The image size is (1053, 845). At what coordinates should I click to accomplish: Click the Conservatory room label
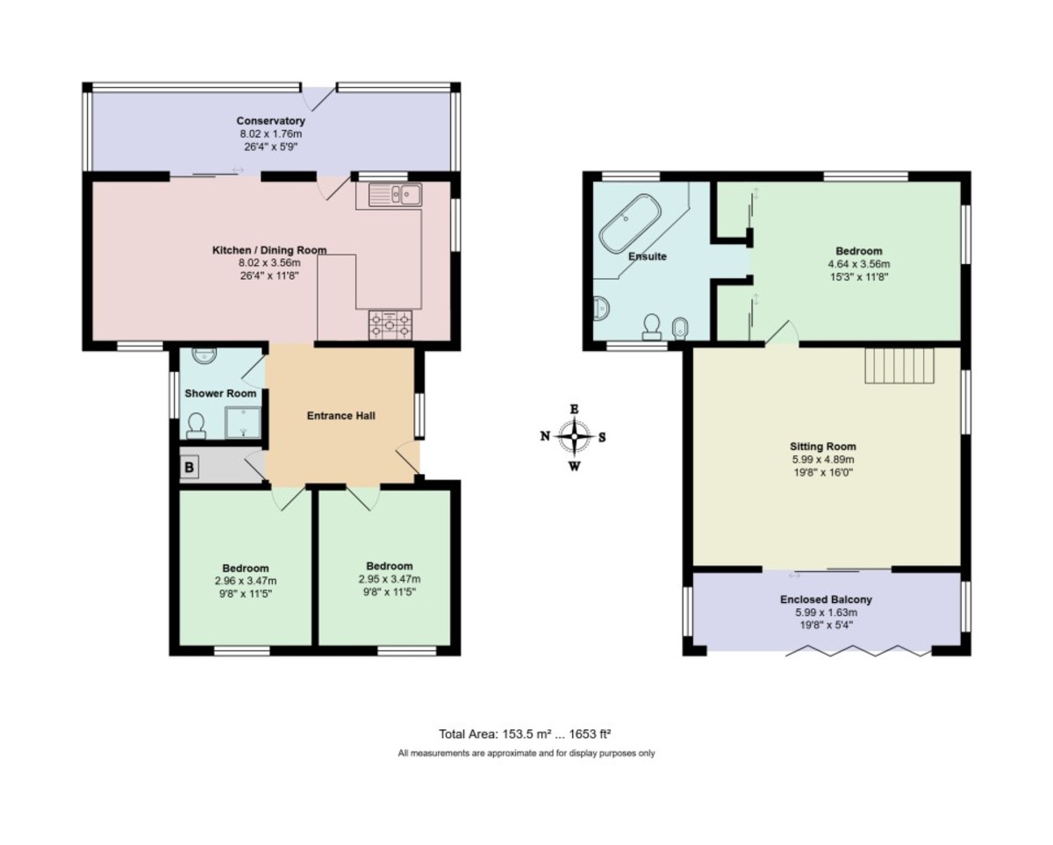[270, 121]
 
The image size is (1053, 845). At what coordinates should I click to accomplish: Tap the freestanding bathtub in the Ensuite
[630, 223]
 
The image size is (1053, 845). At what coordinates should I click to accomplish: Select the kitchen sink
[395, 195]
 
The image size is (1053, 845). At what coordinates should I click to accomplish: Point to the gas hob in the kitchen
[390, 325]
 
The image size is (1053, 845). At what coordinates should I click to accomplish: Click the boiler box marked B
[189, 468]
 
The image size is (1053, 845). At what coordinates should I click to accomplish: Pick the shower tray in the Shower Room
[242, 422]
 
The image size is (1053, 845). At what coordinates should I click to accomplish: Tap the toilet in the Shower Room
[197, 426]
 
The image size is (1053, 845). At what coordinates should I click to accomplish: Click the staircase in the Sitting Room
[899, 366]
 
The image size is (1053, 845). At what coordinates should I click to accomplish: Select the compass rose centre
[574, 436]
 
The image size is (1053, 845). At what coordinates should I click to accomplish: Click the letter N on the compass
[545, 436]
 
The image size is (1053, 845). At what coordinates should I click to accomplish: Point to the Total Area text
[525, 734]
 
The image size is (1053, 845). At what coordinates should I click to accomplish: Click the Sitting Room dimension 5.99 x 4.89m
[823, 460]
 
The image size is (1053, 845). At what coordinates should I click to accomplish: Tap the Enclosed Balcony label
[826, 599]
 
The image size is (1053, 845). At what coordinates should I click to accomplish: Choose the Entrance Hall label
[341, 416]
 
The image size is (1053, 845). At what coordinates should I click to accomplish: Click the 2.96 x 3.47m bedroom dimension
[246, 581]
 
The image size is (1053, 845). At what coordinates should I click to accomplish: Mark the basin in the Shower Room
[202, 355]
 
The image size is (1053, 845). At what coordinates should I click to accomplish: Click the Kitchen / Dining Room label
[269, 250]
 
